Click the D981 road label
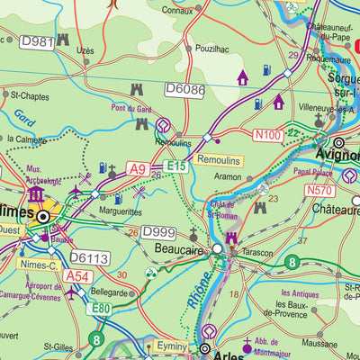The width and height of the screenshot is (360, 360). pos(37,41)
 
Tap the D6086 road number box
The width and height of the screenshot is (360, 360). pos(184,89)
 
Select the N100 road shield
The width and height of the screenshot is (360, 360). pos(268,135)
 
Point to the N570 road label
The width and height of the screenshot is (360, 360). pos(320,190)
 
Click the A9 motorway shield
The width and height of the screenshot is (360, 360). pos(137,167)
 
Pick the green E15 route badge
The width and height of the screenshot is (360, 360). pos(175,167)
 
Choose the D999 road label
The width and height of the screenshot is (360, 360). pos(159,232)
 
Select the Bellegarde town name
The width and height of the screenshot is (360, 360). pos(111,292)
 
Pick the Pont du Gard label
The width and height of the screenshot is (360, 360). pos(134,109)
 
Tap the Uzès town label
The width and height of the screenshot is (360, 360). pos(85,51)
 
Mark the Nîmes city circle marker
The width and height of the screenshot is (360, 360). pos(43,216)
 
